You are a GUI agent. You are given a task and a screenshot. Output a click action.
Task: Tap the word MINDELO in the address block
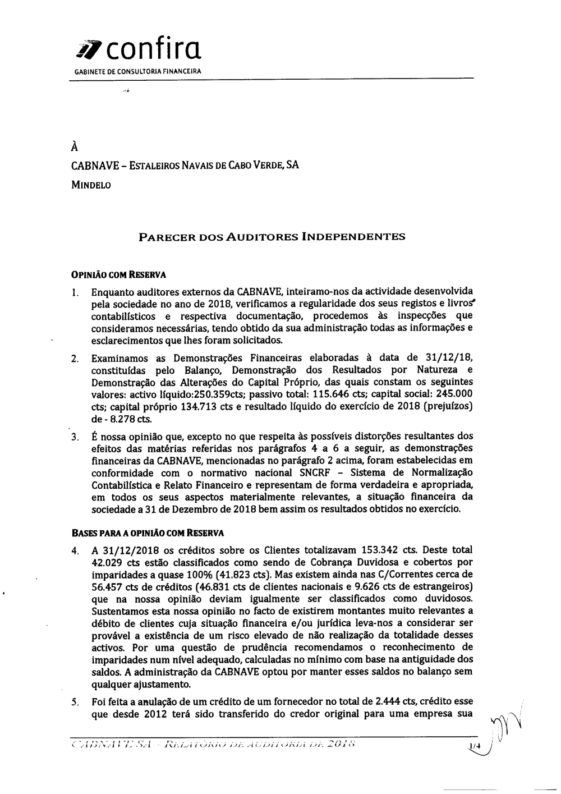(91, 185)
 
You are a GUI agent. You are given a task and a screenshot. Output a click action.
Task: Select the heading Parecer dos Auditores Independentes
(272, 237)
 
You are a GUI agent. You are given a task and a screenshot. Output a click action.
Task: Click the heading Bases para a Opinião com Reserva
(147, 533)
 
